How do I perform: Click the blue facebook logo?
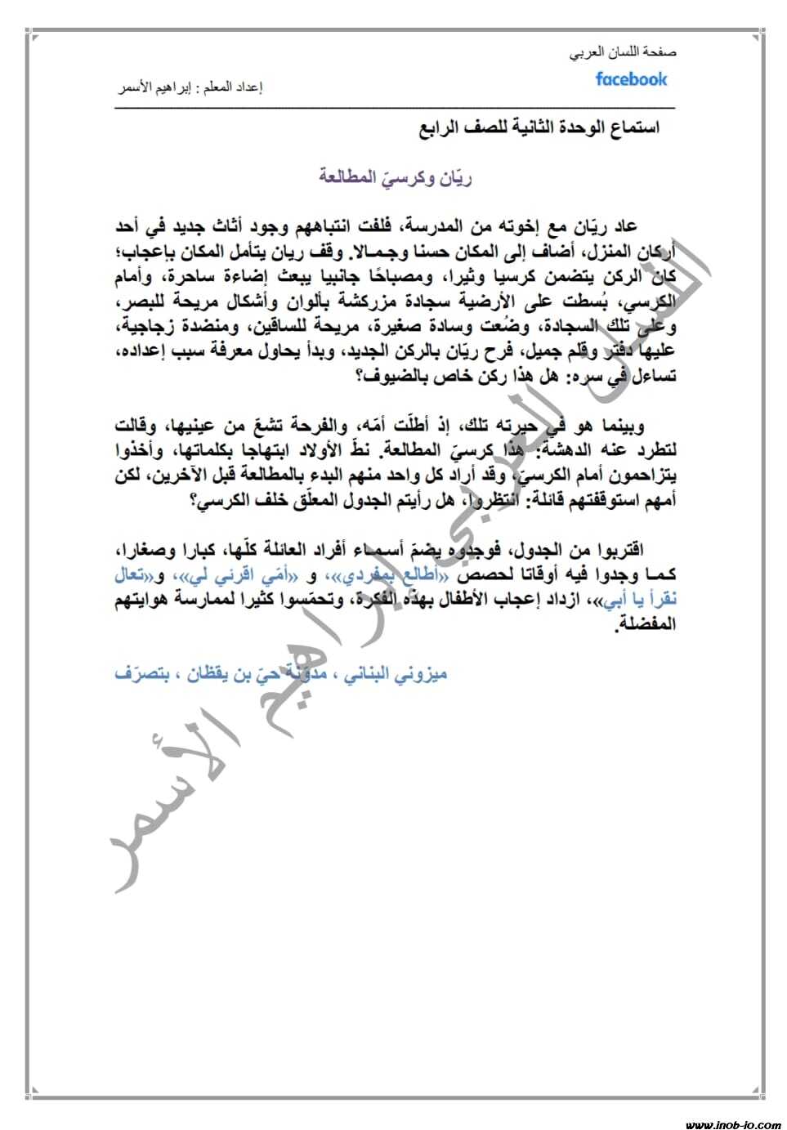pos(631,79)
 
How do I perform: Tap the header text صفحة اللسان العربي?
pos(624,52)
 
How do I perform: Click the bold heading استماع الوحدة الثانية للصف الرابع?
pos(539,128)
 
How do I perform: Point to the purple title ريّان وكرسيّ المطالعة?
pos(395,176)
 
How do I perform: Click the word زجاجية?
pos(642,327)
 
